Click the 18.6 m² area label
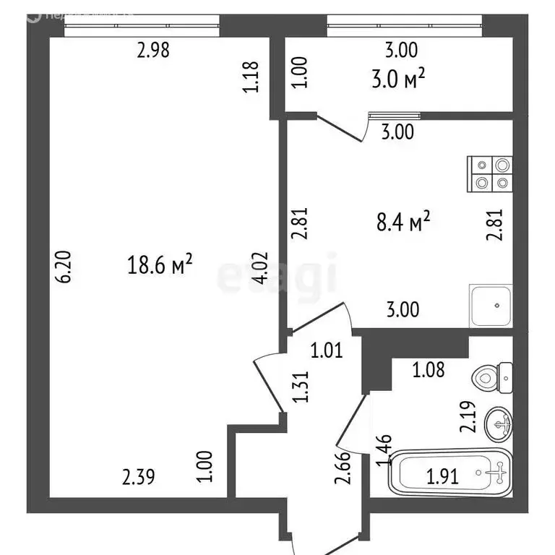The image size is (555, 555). pyautogui.click(x=160, y=266)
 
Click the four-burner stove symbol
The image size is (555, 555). pyautogui.click(x=490, y=176)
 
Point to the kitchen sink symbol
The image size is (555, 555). pyautogui.click(x=491, y=306)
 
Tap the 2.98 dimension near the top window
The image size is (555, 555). pyautogui.click(x=156, y=51)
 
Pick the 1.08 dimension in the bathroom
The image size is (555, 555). pyautogui.click(x=429, y=371)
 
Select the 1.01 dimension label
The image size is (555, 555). pyautogui.click(x=326, y=352)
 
